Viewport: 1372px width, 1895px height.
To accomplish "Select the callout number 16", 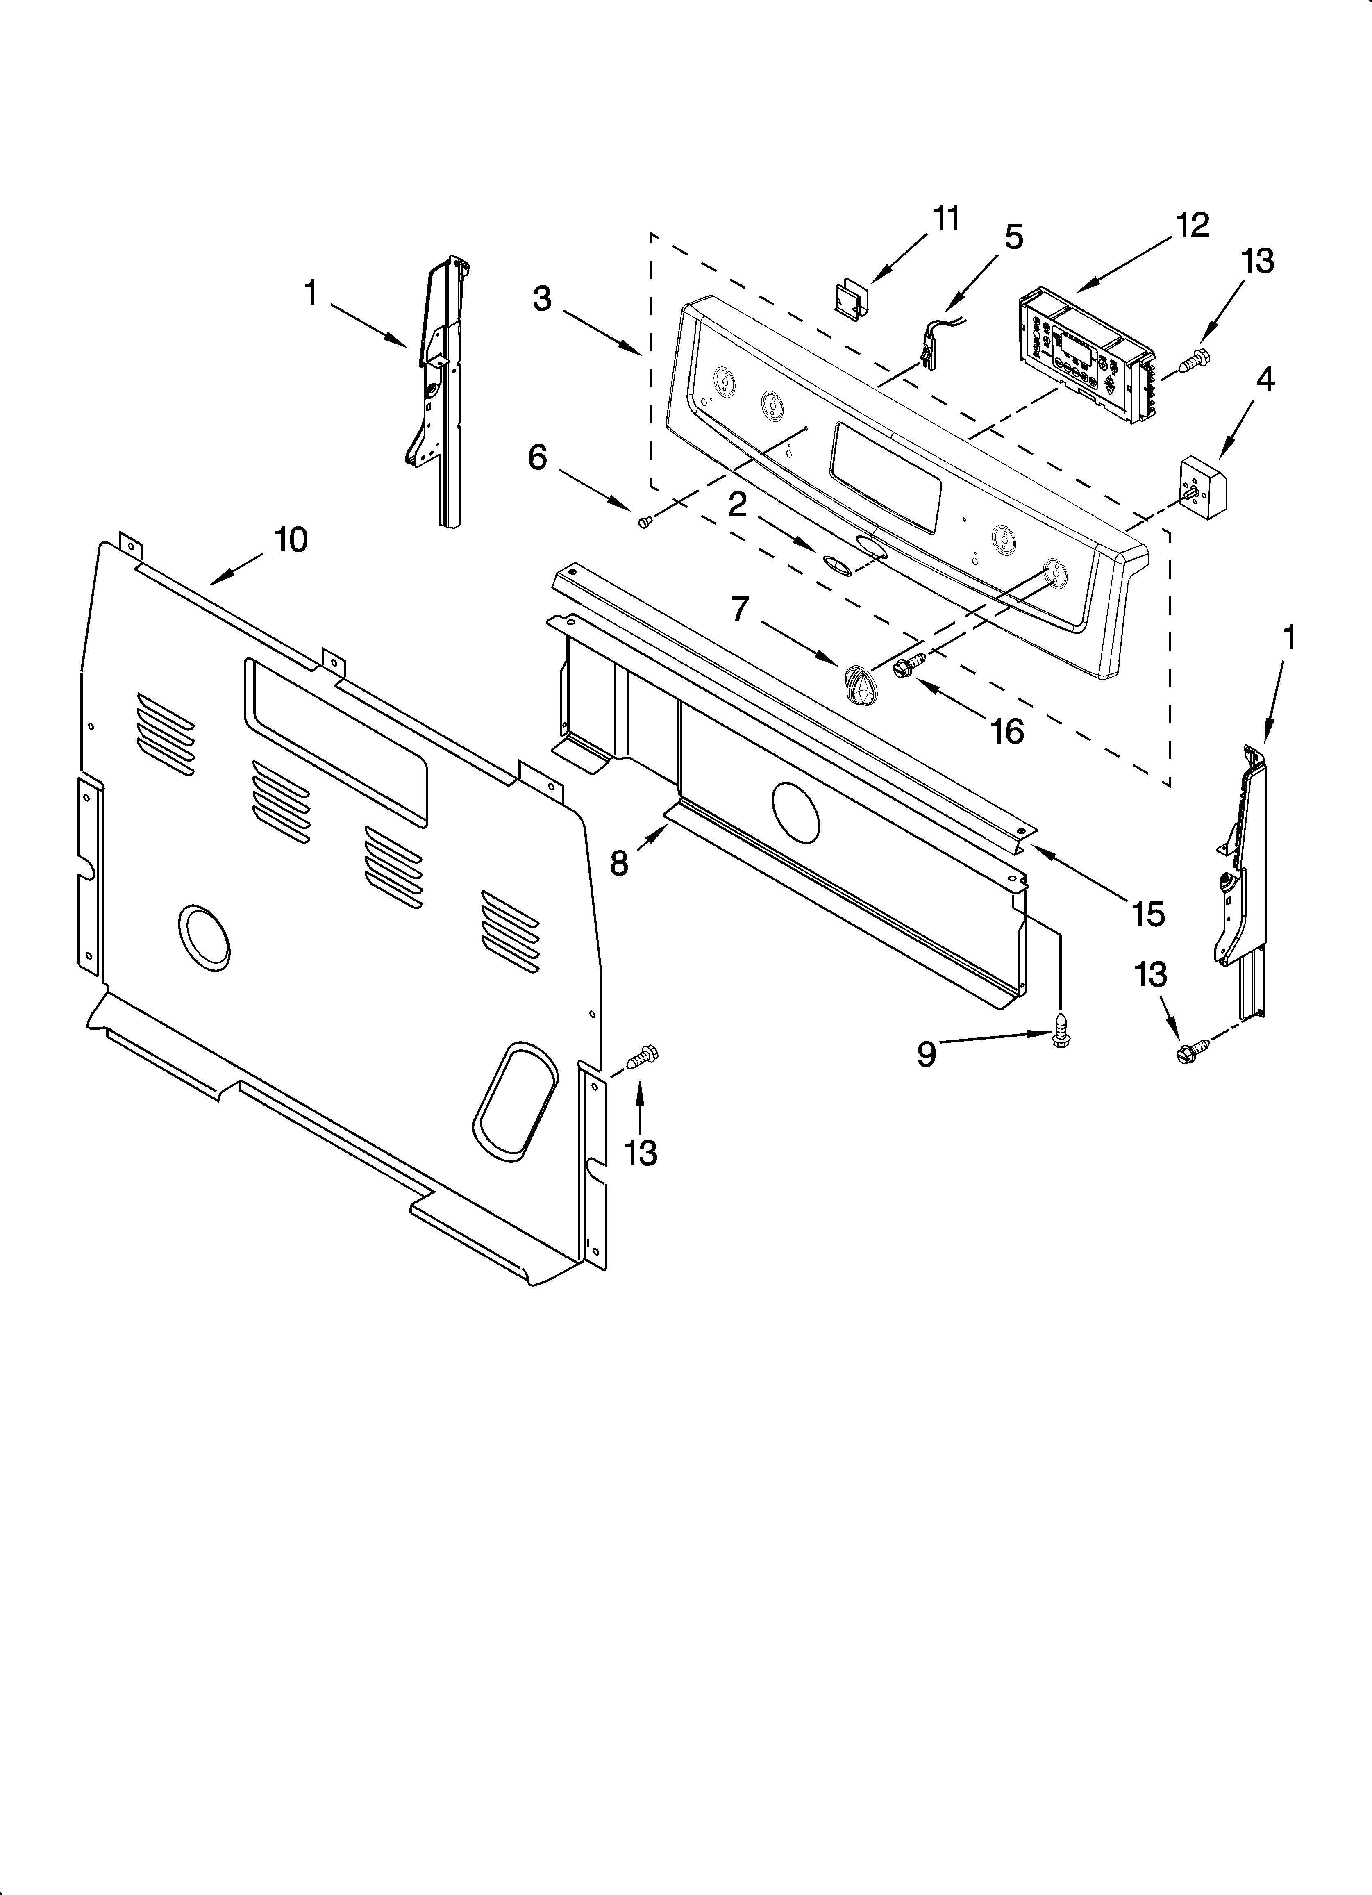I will coord(1007,731).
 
